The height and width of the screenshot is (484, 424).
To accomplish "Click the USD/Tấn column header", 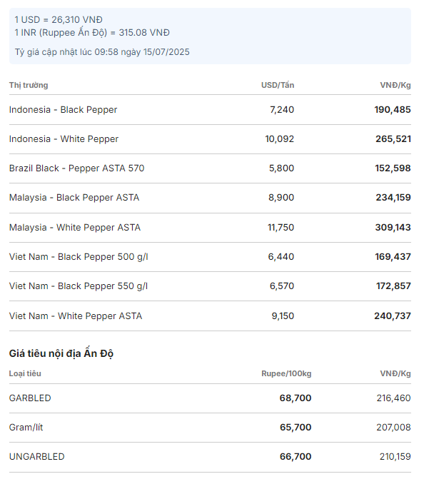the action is click(278, 85).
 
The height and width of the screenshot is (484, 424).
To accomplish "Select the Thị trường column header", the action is click(29, 85).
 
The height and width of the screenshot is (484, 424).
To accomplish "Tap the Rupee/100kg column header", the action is click(286, 373).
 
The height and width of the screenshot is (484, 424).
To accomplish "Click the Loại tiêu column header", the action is click(25, 373).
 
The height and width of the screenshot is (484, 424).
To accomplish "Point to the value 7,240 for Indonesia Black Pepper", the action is click(282, 110).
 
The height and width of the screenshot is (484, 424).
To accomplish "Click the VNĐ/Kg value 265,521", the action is click(393, 139).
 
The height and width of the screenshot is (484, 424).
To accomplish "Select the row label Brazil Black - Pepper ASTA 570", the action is click(76, 168).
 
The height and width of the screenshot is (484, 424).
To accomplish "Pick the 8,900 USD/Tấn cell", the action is click(281, 198).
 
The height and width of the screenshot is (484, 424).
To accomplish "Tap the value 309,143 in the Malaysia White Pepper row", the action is click(393, 228).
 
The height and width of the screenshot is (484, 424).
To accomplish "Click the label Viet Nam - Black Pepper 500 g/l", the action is click(79, 257).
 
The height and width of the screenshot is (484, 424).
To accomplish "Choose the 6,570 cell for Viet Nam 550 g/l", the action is click(282, 286).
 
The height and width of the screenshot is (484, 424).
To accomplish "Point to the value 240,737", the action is click(393, 316).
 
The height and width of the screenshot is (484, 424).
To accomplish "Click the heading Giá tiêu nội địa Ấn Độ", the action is click(61, 353).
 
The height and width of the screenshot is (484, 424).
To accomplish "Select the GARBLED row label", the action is click(30, 398).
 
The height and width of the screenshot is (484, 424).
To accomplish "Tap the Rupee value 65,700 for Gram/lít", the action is click(296, 427).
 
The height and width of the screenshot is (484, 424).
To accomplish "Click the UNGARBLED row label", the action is click(36, 457).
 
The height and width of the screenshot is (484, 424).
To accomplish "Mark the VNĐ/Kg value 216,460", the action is click(393, 398).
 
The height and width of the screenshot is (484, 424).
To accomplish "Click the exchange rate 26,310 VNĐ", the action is click(77, 20).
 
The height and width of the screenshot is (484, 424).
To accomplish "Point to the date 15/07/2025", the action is click(166, 52).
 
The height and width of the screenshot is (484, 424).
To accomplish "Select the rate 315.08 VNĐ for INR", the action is click(144, 33).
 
